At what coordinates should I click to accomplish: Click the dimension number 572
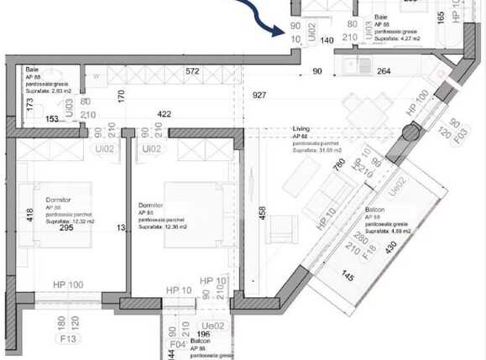[194, 72]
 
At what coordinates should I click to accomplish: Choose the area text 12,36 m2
[170, 227]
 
